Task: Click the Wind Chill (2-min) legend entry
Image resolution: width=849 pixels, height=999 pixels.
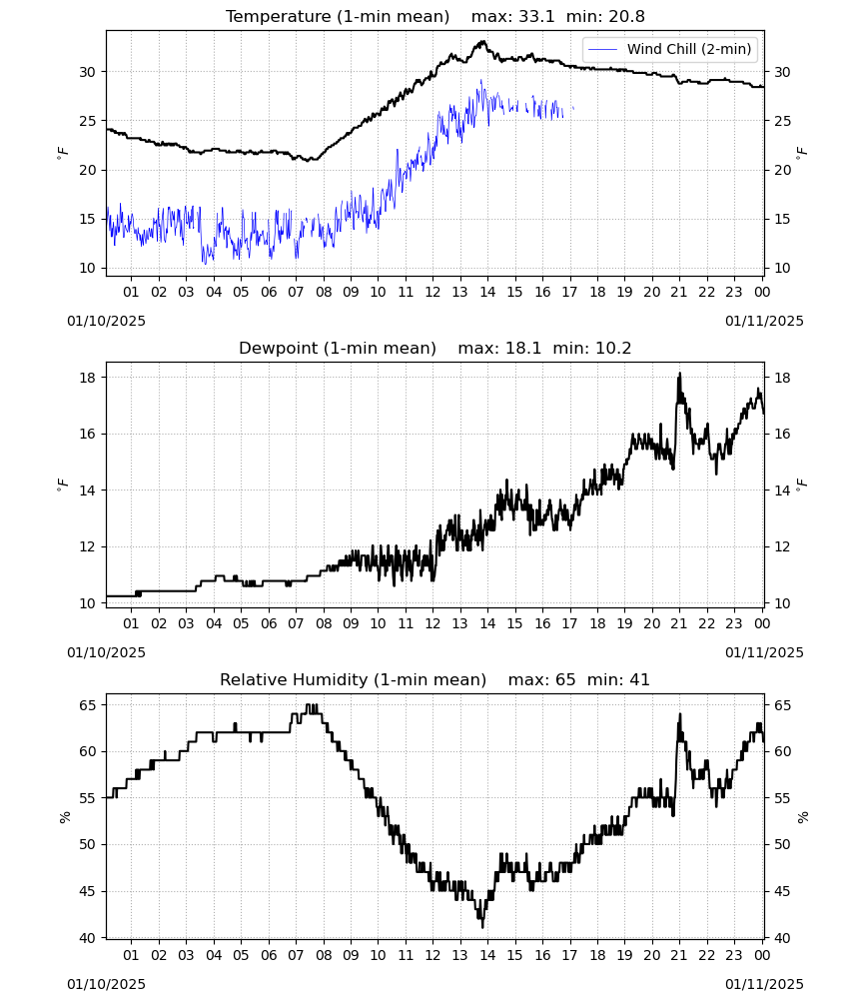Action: click(670, 49)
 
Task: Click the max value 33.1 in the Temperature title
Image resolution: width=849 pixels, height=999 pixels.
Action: click(537, 17)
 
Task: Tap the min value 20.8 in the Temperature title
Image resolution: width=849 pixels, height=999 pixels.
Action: click(627, 17)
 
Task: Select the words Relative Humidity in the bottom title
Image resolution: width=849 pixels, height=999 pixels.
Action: click(295, 679)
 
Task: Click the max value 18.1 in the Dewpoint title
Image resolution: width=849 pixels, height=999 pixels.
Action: click(523, 349)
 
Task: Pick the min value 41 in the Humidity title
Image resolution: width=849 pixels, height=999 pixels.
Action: click(639, 679)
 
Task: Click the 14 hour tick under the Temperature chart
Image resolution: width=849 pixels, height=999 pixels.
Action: click(487, 292)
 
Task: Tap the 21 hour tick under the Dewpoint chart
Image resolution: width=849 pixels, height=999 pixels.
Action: click(679, 623)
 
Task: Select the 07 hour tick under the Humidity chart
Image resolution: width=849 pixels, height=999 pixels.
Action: click(296, 955)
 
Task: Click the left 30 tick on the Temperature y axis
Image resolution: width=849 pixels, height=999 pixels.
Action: click(87, 72)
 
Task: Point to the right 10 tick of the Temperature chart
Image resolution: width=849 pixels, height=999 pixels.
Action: click(782, 268)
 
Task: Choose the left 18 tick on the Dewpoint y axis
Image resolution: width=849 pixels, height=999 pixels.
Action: click(87, 378)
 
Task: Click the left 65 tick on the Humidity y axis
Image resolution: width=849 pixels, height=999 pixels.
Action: click(87, 705)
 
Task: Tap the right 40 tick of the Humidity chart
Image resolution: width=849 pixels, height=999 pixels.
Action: click(782, 938)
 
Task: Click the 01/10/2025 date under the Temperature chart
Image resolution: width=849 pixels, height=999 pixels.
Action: click(106, 321)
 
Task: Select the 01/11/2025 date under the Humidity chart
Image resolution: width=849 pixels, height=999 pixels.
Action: click(764, 984)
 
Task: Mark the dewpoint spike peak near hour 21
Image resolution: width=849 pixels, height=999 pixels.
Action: click(679, 374)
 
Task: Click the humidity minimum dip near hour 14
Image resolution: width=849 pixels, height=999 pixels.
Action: click(482, 926)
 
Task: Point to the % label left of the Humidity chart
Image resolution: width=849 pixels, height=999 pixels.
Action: click(64, 817)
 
